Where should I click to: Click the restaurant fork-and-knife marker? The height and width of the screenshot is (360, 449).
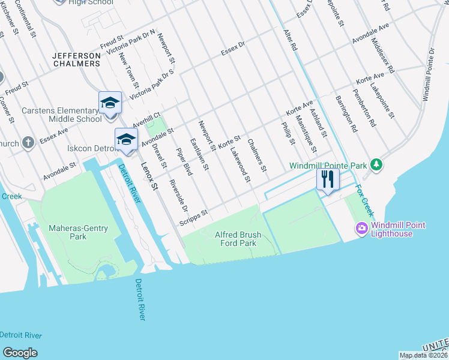tap(327, 179)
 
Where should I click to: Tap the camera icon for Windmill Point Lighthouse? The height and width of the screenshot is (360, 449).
tap(361, 228)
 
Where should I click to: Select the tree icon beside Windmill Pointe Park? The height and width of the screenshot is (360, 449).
tap(376, 164)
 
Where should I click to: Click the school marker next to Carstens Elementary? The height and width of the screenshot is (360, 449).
tap(110, 103)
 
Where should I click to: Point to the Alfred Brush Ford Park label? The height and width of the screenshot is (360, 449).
tap(236, 239)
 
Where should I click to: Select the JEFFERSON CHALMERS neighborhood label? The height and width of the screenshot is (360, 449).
tap(76, 59)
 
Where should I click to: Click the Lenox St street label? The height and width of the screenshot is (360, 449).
tap(149, 178)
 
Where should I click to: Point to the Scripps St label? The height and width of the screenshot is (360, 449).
tap(193, 218)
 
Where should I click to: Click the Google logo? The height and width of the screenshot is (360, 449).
tap(20, 353)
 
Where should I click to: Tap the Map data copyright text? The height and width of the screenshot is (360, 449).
tap(423, 355)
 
